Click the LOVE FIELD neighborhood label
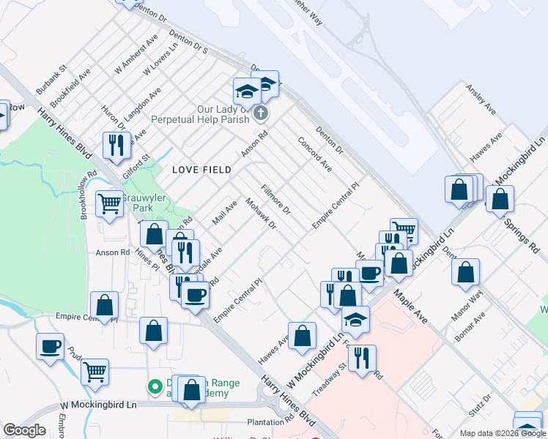[x=201, y=170]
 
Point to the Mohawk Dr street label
[x=261, y=214]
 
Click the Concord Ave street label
[x=315, y=154]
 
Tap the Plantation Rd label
[x=270, y=422]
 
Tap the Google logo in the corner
[x=24, y=430]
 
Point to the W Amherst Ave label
[x=136, y=54]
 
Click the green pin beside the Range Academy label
[x=155, y=386]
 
